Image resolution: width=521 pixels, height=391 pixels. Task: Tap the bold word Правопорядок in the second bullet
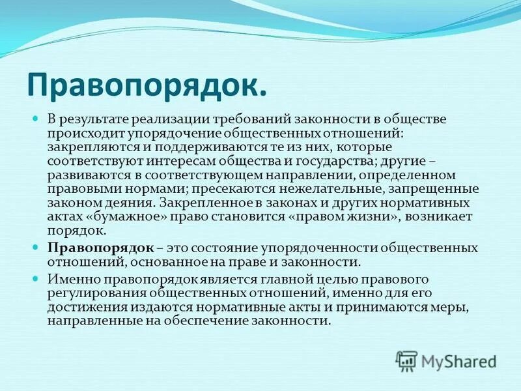pos(100,248)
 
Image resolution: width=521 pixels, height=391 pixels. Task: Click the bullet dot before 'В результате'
pos(36,118)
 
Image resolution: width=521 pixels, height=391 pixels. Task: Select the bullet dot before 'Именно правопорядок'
pos(36,278)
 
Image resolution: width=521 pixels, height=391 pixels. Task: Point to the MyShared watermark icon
pos(406,360)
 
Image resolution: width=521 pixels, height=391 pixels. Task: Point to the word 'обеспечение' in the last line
pos(219,321)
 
